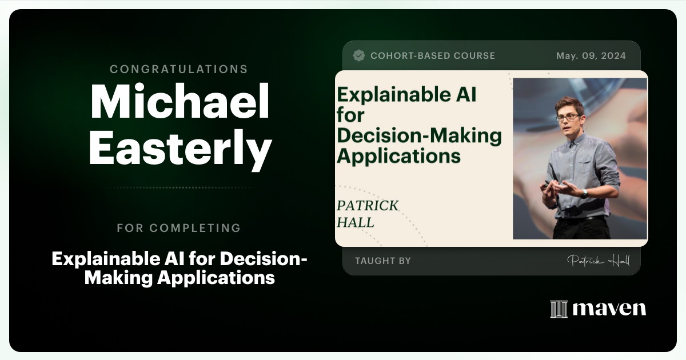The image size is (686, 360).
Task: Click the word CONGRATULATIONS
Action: [179, 69]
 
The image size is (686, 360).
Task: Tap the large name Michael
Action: [180, 102]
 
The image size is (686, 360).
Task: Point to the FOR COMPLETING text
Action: [179, 228]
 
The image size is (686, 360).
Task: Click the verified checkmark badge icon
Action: [359, 55]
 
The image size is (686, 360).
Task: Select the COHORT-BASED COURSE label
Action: [433, 55]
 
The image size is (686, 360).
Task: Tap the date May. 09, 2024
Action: [591, 55]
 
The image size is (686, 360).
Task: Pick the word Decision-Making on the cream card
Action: [419, 135]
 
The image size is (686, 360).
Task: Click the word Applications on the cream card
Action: [398, 155]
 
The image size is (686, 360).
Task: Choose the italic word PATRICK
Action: [368, 206]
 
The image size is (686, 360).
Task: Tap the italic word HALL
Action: [355, 222]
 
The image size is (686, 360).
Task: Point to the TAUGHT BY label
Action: [382, 261]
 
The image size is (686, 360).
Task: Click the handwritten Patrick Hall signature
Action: [598, 261]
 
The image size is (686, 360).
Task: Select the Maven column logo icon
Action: [559, 309]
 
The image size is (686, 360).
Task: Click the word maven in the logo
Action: [609, 309]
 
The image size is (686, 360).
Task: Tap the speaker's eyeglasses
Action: [567, 117]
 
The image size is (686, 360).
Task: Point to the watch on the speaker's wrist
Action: [584, 193]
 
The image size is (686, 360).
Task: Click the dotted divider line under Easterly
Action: [179, 187]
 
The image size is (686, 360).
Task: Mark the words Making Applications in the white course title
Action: [179, 278]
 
